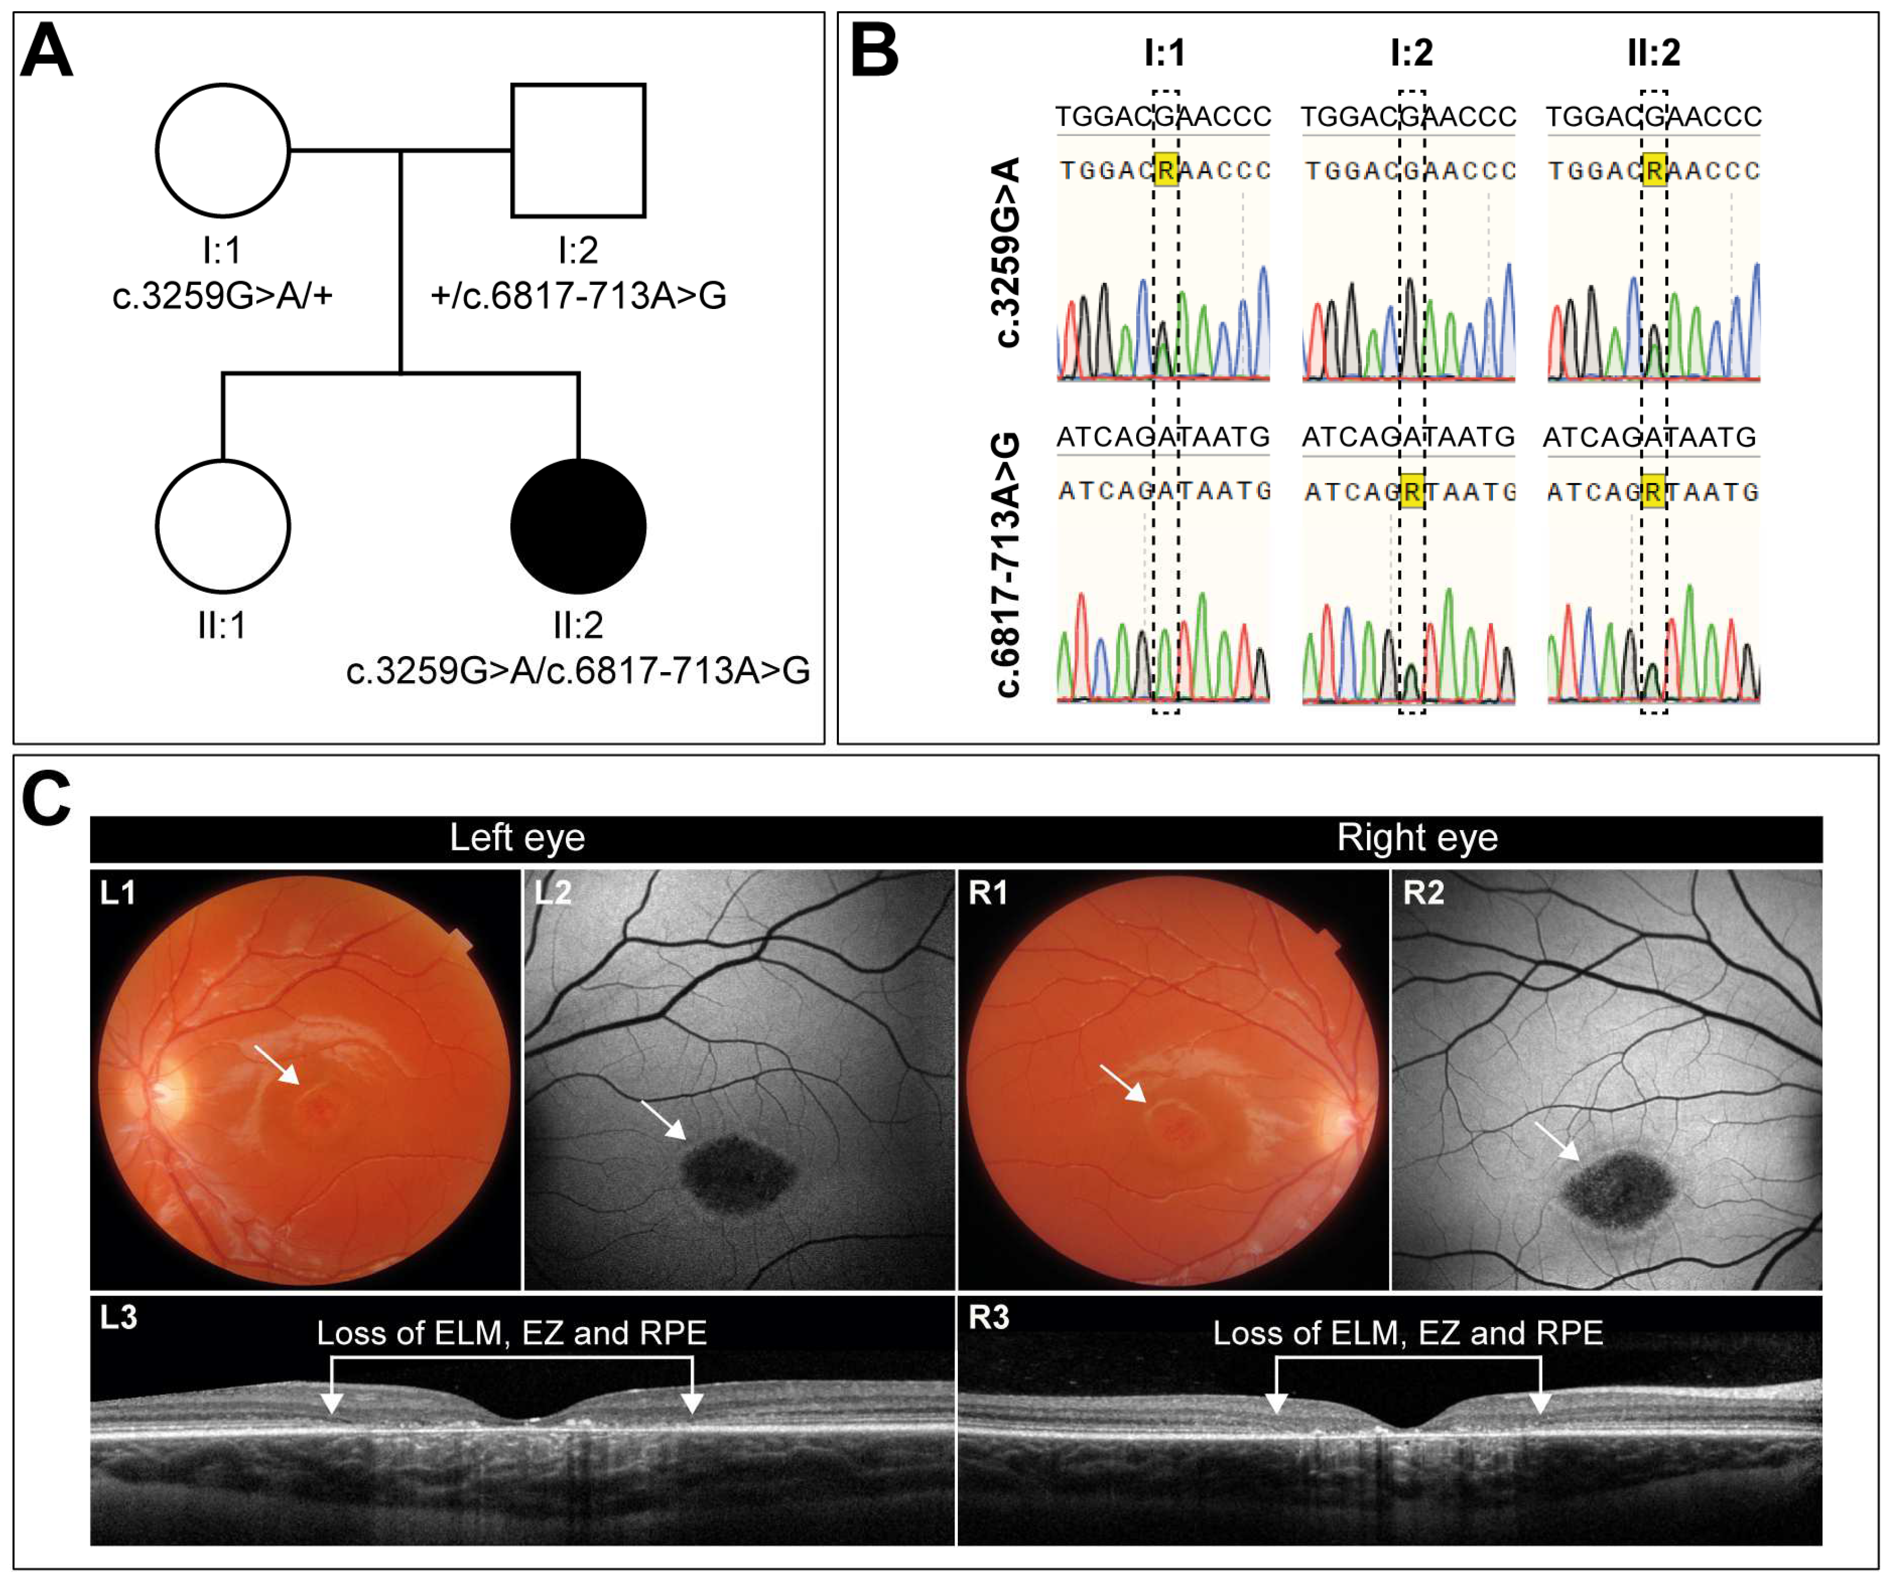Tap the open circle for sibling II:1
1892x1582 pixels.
click(x=222, y=526)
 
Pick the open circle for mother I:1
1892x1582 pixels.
click(x=222, y=150)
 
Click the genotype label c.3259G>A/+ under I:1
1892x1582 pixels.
click(x=222, y=296)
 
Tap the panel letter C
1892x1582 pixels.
click(x=46, y=798)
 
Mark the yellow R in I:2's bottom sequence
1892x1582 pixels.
click(x=1412, y=492)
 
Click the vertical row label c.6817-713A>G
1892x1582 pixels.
click(x=1007, y=565)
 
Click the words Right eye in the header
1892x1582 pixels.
click(x=1417, y=838)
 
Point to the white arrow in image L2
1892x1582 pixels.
click(x=663, y=1120)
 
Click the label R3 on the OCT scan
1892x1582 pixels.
click(x=988, y=1318)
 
